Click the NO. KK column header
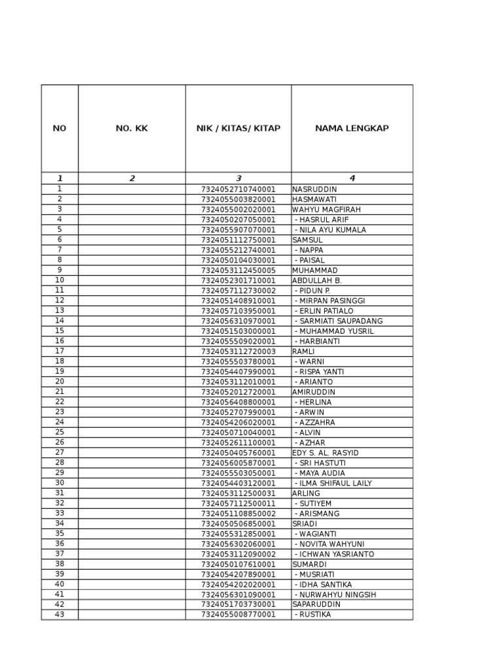click(x=131, y=129)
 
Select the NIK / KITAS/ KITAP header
click(x=239, y=129)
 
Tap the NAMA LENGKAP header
click(x=352, y=129)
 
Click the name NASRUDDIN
click(x=315, y=189)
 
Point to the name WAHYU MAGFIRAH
click(x=326, y=210)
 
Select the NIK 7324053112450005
click(x=239, y=270)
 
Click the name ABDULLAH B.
click(x=317, y=280)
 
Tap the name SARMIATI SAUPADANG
click(x=339, y=321)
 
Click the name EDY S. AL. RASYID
click(x=326, y=453)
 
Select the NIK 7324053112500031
click(x=239, y=493)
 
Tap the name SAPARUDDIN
click(x=316, y=605)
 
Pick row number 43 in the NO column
click(x=59, y=615)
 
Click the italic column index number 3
click(x=239, y=178)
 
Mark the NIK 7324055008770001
click(x=239, y=615)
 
